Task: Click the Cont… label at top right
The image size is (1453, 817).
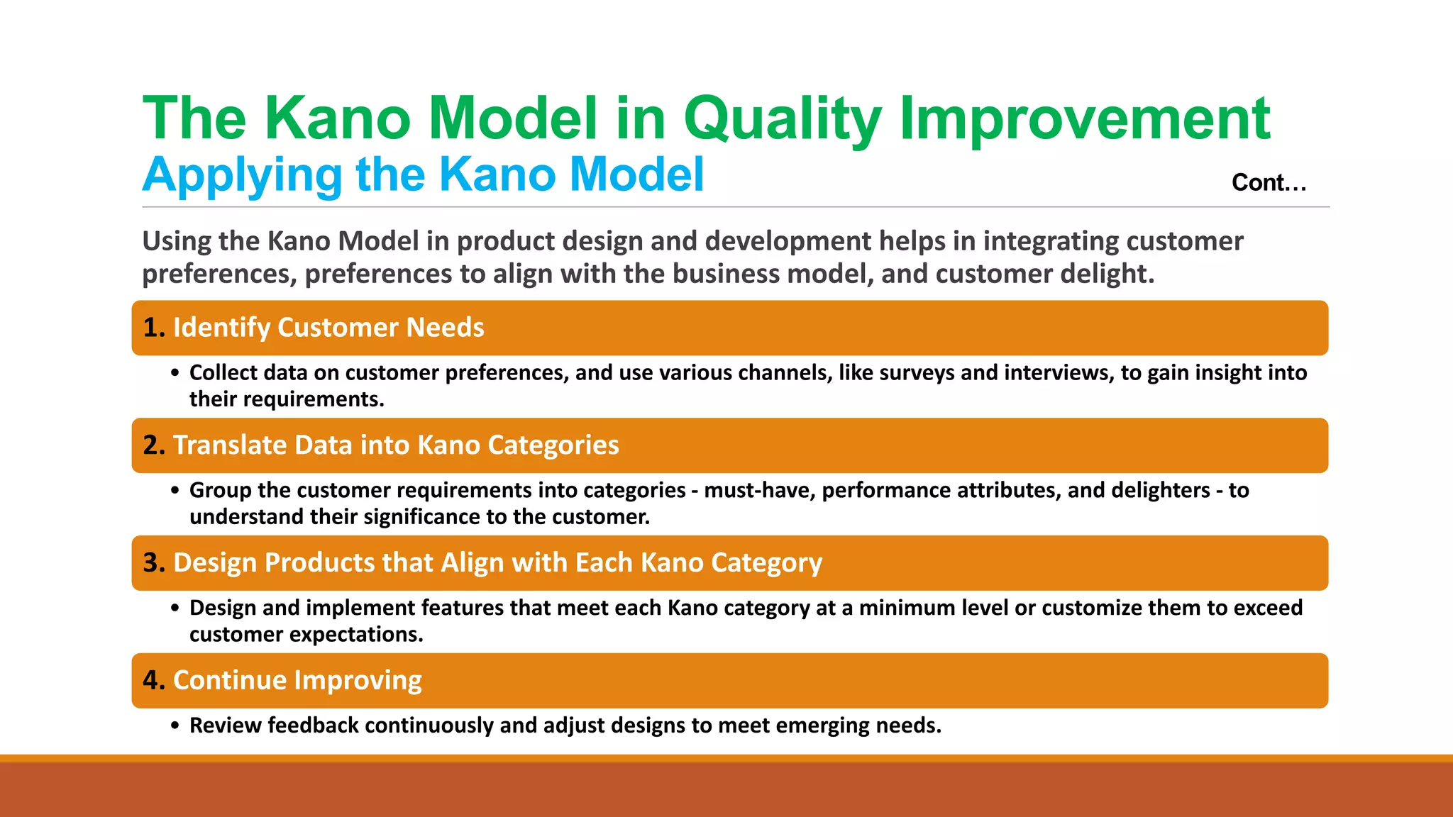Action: pyautogui.click(x=1269, y=183)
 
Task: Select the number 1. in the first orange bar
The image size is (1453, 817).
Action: pyautogui.click(x=154, y=328)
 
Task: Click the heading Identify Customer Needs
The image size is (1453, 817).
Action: pyautogui.click(x=328, y=328)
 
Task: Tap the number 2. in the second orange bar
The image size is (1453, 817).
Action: pyautogui.click(x=154, y=445)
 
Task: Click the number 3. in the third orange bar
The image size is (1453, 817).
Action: pyautogui.click(x=154, y=563)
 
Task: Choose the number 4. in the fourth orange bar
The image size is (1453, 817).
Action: pyautogui.click(x=154, y=681)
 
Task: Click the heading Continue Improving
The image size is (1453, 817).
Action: pyautogui.click(x=297, y=681)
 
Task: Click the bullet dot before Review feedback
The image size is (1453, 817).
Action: pyautogui.click(x=175, y=726)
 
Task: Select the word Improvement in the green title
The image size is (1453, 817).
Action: pyautogui.click(x=1084, y=118)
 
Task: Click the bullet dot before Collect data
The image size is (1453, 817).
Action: pyautogui.click(x=175, y=374)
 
